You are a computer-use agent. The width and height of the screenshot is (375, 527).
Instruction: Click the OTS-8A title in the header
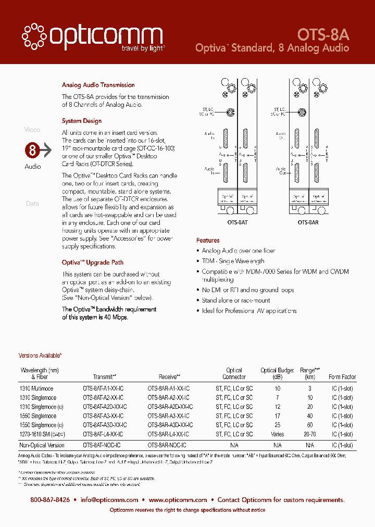(x=323, y=34)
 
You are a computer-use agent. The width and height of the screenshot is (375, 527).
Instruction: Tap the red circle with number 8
(x=32, y=151)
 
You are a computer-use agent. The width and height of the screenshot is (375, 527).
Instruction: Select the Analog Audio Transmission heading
(x=98, y=85)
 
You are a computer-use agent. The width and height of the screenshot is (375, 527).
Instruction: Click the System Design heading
(x=82, y=121)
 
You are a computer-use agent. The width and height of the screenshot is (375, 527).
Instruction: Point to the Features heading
(x=208, y=241)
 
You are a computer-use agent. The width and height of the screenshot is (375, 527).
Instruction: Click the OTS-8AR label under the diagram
(x=308, y=222)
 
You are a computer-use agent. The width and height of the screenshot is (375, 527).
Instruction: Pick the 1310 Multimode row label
(x=36, y=388)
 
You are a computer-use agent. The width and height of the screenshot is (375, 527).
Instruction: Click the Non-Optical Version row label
(x=42, y=445)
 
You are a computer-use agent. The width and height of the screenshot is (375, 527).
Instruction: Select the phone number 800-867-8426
(x=50, y=500)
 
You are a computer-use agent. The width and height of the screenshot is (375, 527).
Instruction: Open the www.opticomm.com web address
(x=178, y=500)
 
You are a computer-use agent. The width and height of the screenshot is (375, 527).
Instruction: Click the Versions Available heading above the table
(x=40, y=356)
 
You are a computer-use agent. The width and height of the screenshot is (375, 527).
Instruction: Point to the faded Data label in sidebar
(x=32, y=204)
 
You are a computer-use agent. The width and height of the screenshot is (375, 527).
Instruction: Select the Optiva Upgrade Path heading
(x=93, y=262)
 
